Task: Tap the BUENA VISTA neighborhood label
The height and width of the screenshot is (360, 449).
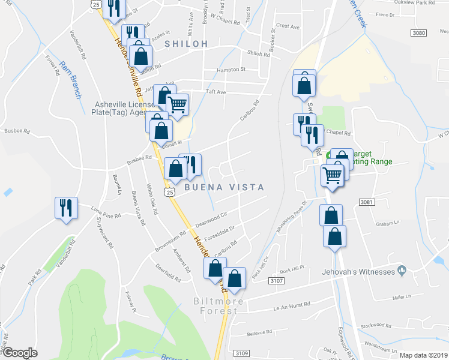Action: coord(224,187)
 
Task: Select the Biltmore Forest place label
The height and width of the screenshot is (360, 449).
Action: coord(215,305)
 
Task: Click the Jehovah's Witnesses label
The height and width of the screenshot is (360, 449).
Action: coord(365,271)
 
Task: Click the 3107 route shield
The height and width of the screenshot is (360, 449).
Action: coord(276,280)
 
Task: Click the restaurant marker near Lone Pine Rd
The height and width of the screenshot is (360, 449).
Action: coord(66,208)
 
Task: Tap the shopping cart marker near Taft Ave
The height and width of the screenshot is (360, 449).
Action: coord(177,104)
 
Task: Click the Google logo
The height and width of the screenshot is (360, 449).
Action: coord(20,353)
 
